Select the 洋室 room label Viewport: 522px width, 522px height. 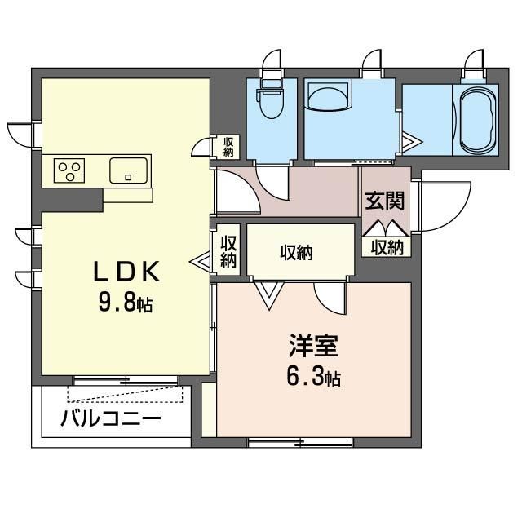(313, 346)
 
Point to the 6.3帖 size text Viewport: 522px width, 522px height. (313, 377)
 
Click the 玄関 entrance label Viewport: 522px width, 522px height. (384, 201)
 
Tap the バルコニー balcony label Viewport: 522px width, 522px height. (111, 418)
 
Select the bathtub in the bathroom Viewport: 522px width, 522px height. (478, 120)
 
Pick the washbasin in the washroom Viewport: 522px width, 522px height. (329, 96)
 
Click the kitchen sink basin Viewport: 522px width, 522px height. (129, 170)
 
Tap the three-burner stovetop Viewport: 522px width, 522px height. (69, 170)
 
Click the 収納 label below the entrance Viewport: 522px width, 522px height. (387, 247)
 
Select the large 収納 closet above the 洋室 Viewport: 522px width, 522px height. (296, 253)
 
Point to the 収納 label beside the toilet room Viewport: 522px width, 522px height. (228, 147)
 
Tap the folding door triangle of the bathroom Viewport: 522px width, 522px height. (412, 142)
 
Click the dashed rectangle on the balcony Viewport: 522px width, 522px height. (125, 394)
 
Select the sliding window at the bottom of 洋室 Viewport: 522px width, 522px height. (300, 442)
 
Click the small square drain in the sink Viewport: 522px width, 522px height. (128, 178)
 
